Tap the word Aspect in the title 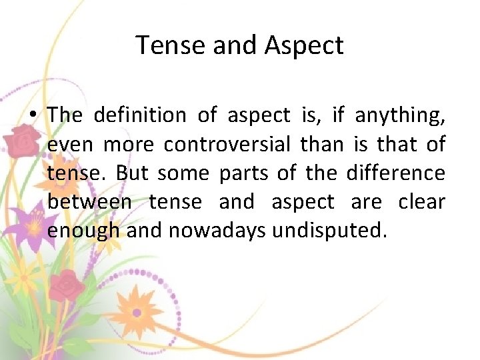pyautogui.click(x=304, y=45)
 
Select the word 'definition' pyautogui.click(x=140, y=115)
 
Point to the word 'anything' pyautogui.click(x=400, y=116)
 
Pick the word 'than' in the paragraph pyautogui.click(x=321, y=144)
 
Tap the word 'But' pyautogui.click(x=131, y=173)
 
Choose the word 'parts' pyautogui.click(x=243, y=173)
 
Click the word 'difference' pyautogui.click(x=395, y=173)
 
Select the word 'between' pyautogui.click(x=89, y=201)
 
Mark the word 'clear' pyautogui.click(x=421, y=201)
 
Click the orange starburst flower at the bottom pyautogui.click(x=136, y=311)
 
